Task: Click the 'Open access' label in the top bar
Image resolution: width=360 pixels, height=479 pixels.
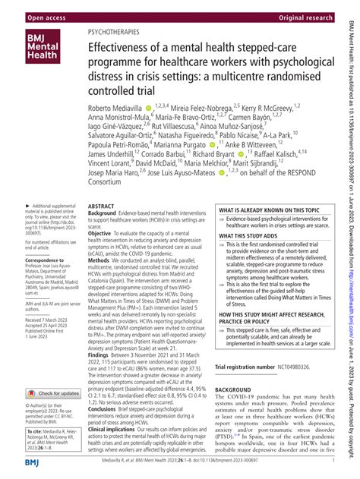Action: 30,9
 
